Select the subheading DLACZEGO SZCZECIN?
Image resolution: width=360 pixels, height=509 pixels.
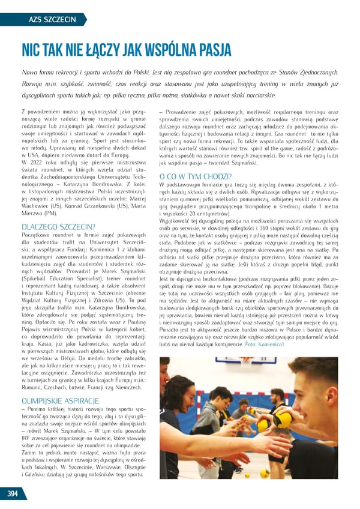click(x=58, y=227)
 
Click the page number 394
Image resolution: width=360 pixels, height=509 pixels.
click(x=12, y=493)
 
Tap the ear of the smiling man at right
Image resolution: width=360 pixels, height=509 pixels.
click(x=328, y=394)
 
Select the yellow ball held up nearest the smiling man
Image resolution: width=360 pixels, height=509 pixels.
click(x=283, y=420)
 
